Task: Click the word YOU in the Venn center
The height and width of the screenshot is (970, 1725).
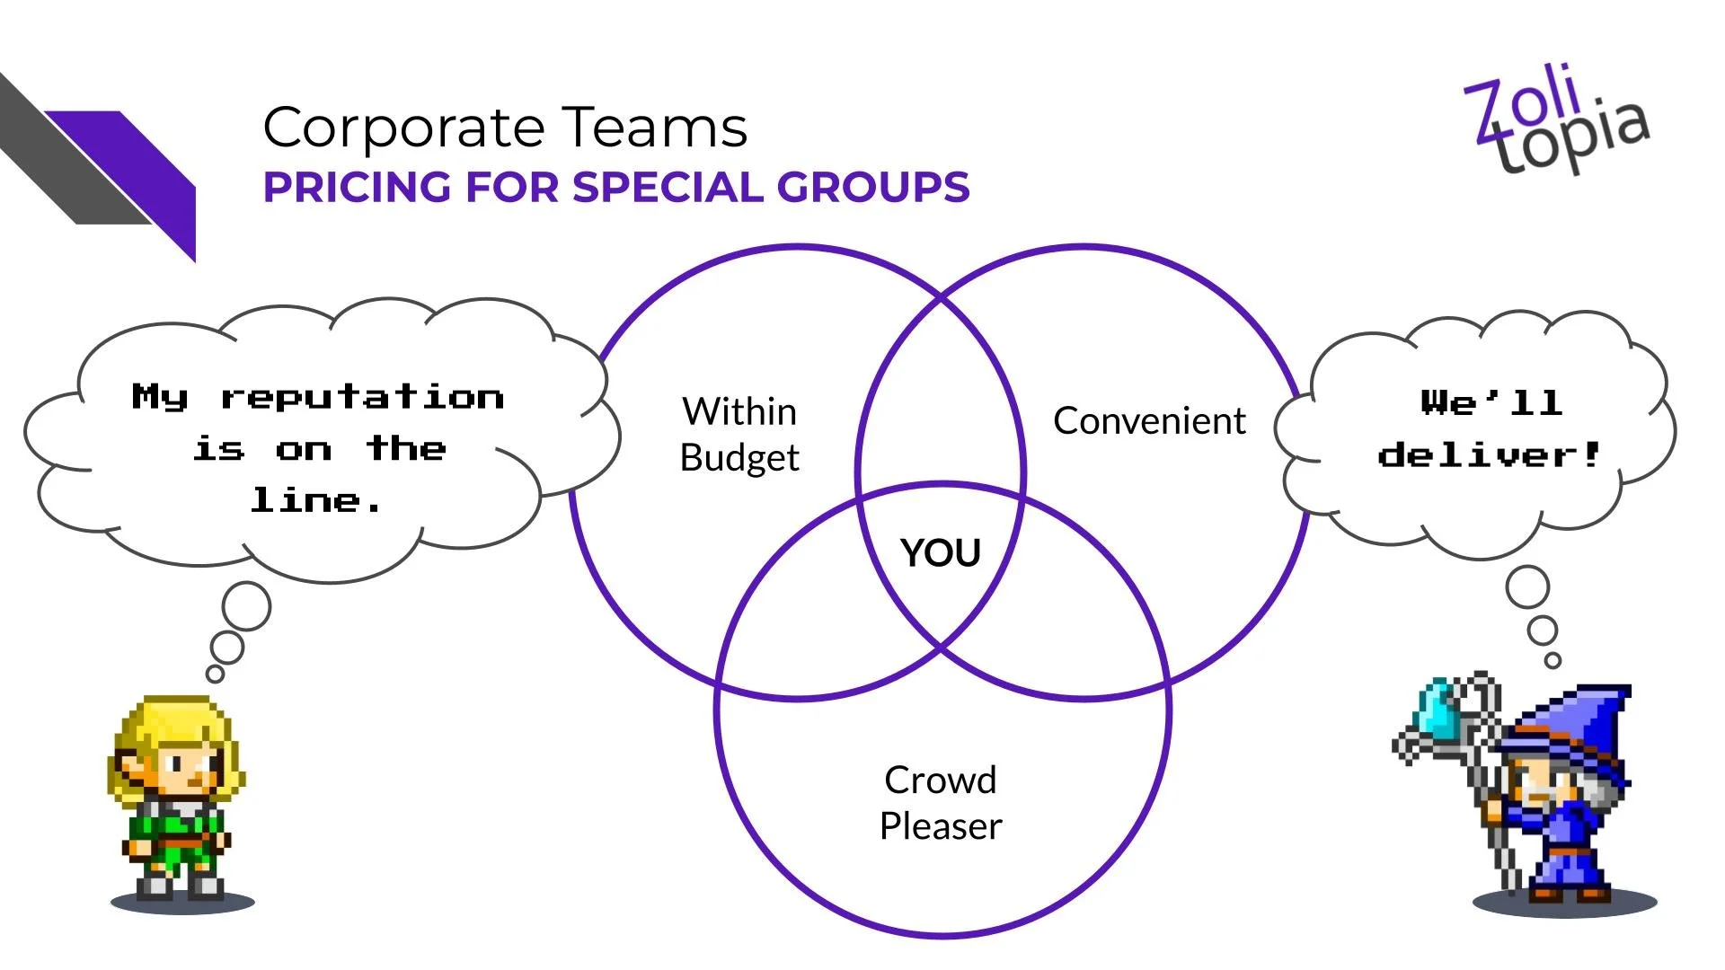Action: point(940,552)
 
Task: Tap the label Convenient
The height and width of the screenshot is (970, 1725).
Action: point(1149,420)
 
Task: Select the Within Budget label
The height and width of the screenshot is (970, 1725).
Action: point(739,435)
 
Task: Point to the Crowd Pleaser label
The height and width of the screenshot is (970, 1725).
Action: point(940,803)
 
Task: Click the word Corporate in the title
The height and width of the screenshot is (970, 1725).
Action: point(404,128)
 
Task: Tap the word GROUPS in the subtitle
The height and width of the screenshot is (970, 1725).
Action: point(872,188)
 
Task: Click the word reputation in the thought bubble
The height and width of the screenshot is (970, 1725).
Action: point(363,397)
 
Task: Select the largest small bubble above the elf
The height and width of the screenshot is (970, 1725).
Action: point(246,605)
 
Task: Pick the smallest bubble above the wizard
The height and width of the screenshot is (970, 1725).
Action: point(1552,660)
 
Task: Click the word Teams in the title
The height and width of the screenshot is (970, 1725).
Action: point(655,128)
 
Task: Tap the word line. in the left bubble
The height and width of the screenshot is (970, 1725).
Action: point(316,500)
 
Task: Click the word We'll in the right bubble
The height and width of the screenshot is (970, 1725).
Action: point(1491,402)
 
